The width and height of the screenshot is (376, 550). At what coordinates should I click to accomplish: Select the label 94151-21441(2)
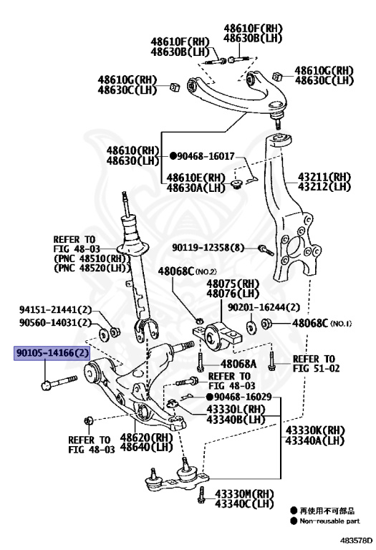point(55,310)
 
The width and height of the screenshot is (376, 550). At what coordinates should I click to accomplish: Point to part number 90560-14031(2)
point(55,323)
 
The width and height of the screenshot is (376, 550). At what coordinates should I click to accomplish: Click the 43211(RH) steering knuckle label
point(324,176)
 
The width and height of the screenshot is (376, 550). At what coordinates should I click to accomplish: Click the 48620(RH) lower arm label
point(146,438)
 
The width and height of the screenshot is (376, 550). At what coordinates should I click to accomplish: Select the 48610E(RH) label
point(196,178)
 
